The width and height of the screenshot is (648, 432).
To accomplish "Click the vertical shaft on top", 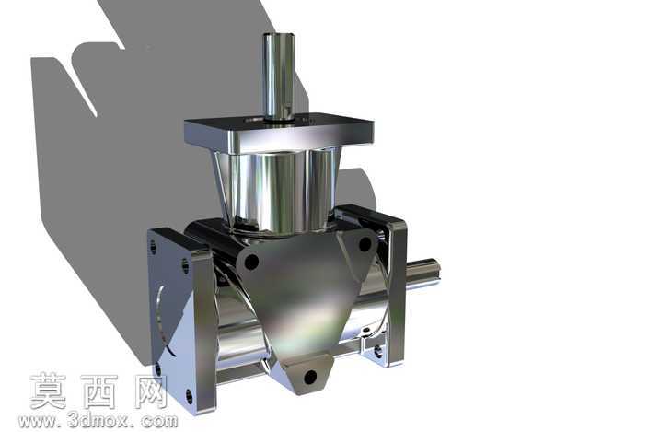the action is point(278,76).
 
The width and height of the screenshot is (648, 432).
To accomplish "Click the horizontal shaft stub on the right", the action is point(422,273).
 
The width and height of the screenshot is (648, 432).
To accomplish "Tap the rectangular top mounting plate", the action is point(279,133).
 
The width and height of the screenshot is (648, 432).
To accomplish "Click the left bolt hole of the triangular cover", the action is point(251,262).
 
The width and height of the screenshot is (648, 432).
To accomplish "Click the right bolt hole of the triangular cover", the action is point(364,244).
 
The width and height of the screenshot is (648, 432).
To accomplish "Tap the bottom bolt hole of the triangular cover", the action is point(310,377).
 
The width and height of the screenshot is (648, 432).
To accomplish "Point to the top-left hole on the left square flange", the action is point(154,248).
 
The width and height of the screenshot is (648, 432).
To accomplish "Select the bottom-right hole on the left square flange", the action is point(189,396).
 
